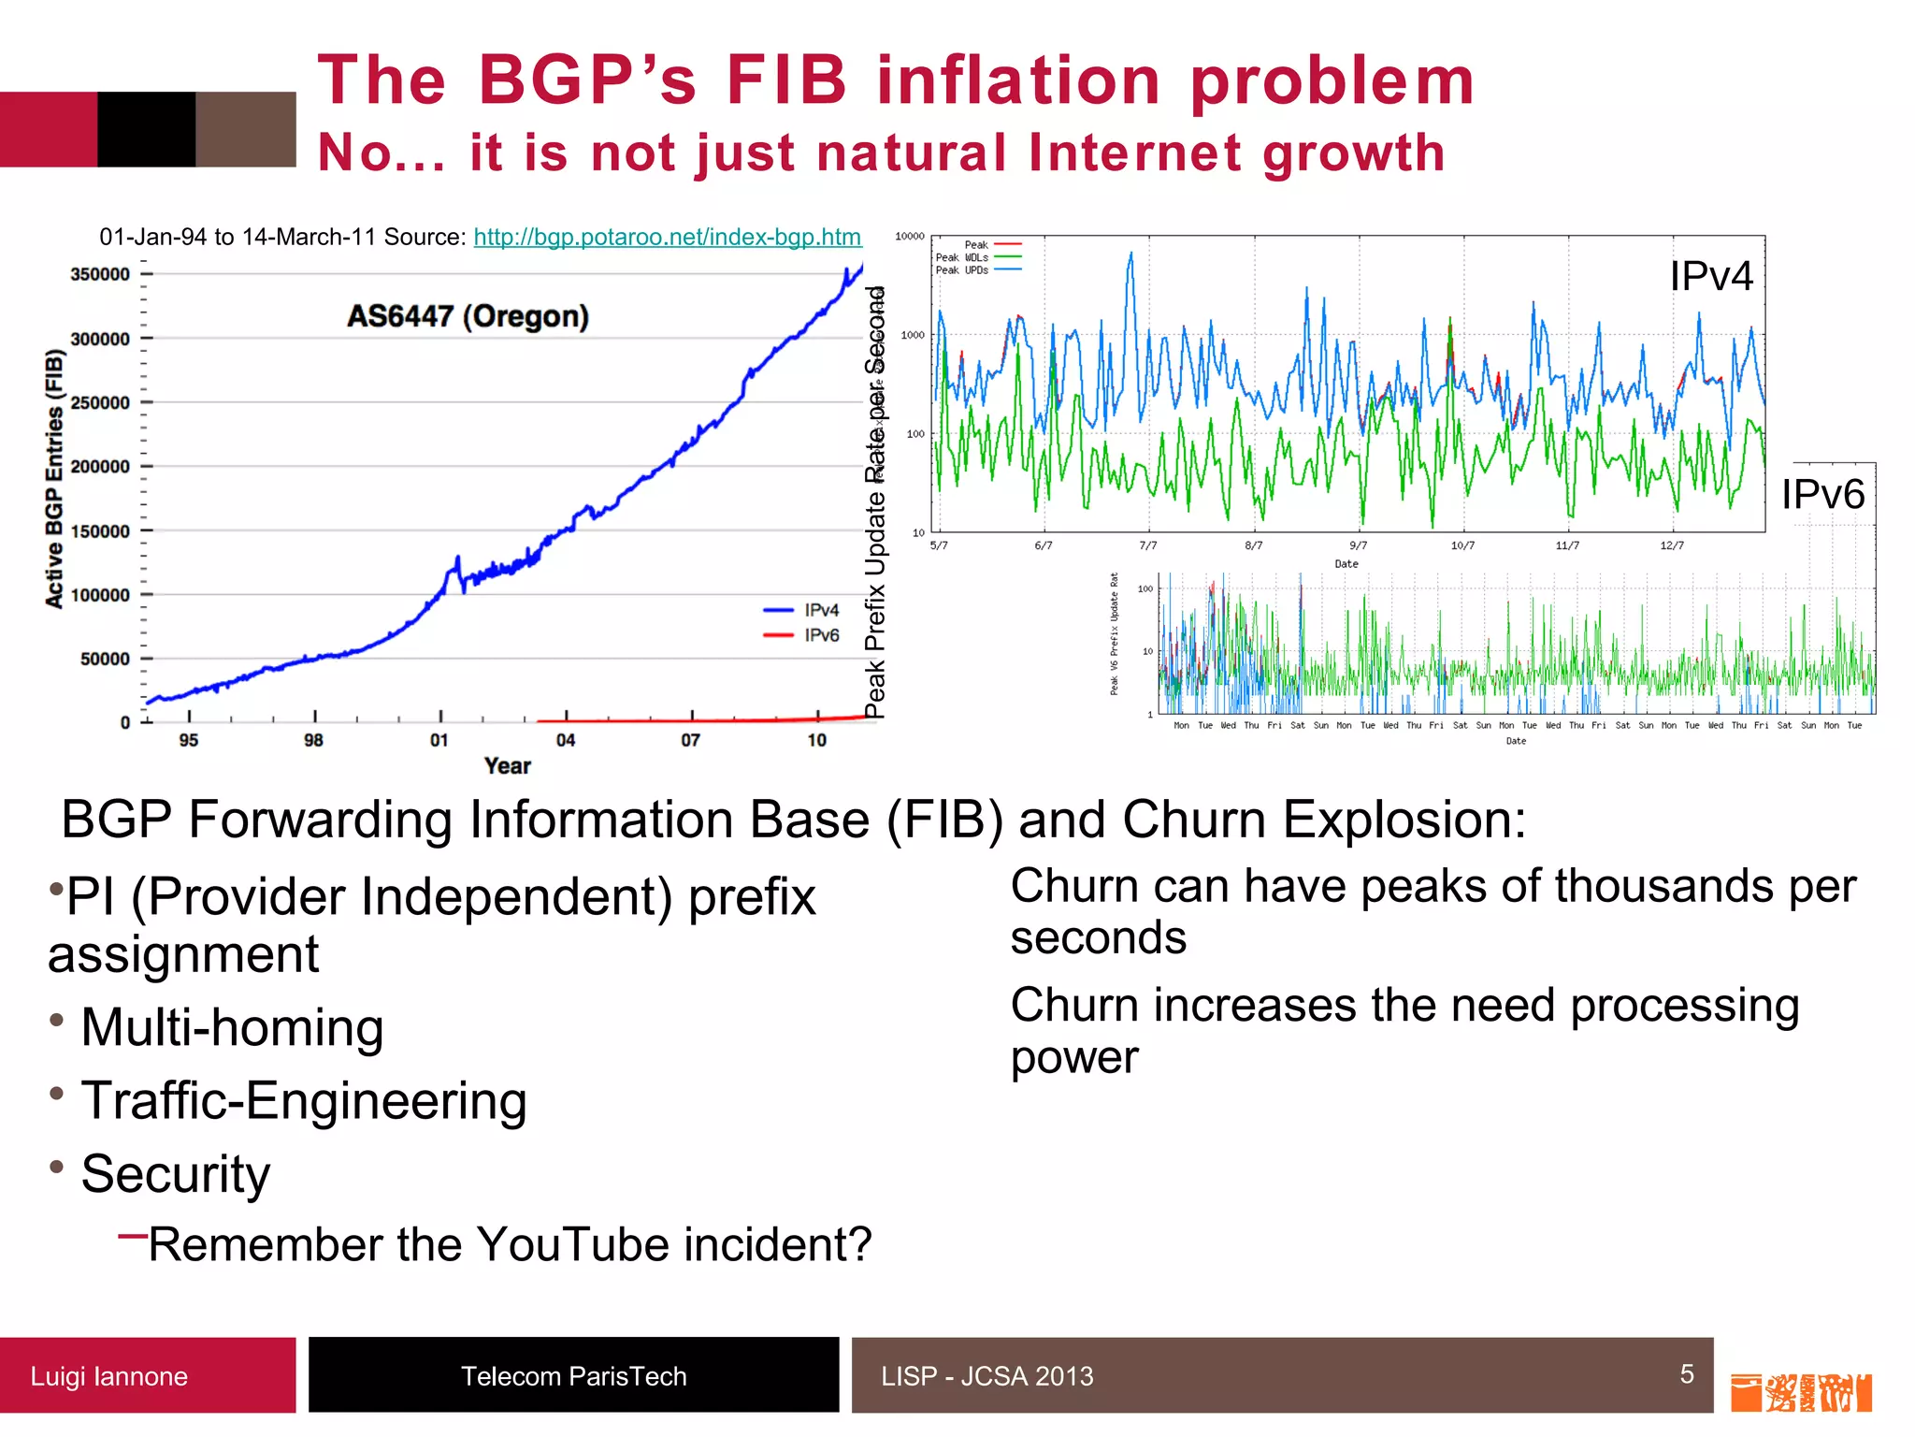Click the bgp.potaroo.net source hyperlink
[667, 237]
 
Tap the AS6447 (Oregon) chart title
[468, 316]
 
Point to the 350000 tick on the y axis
[100, 274]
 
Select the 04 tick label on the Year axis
[566, 740]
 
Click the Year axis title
[508, 766]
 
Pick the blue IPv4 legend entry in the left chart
[802, 610]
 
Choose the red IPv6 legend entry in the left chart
[802, 635]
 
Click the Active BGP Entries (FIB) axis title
[54, 479]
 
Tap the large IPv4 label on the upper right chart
[1711, 276]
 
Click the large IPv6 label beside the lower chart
[1822, 494]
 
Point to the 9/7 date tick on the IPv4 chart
[1358, 545]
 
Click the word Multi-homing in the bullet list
[233, 1027]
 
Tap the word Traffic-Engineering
[304, 1100]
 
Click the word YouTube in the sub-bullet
[574, 1245]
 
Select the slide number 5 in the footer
[1687, 1373]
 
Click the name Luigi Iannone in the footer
[108, 1376]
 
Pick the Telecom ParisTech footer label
[573, 1376]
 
